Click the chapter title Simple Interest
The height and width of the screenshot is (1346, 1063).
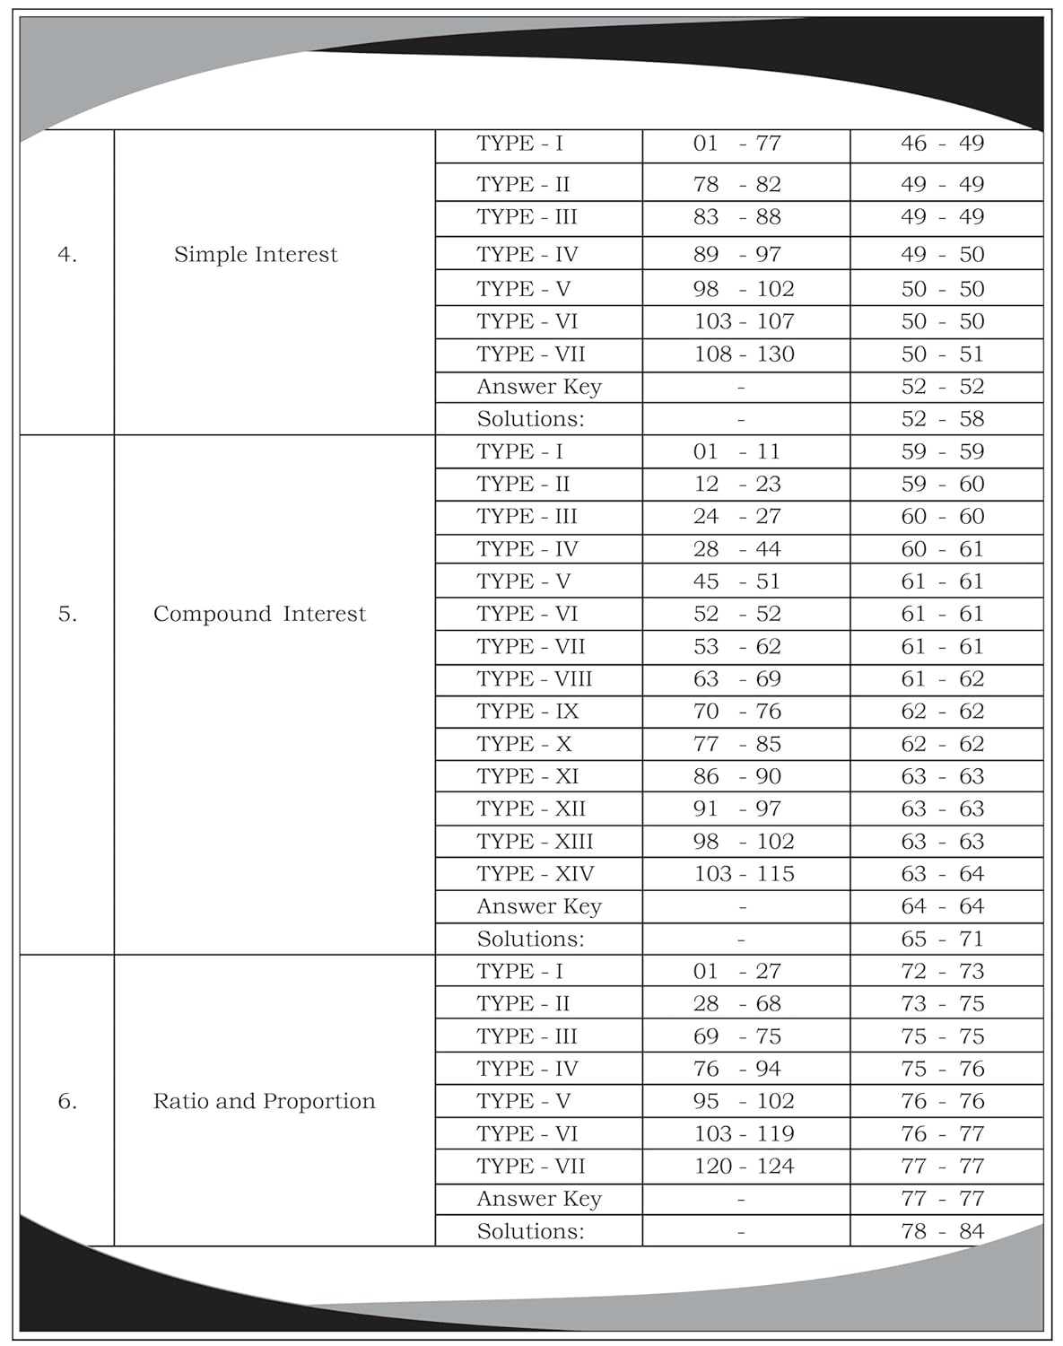pos(256,255)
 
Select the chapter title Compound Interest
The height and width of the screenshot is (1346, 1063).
pos(259,614)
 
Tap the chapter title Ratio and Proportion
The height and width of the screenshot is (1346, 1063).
pos(264,1101)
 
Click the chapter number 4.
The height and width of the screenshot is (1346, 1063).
pos(67,255)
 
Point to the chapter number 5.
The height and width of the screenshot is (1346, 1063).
pos(67,614)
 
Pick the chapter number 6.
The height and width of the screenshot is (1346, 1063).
pos(67,1101)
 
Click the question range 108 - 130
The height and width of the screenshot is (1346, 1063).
pos(744,354)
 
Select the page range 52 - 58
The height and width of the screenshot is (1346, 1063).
pos(942,419)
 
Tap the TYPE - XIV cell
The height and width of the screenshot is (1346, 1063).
pos(535,874)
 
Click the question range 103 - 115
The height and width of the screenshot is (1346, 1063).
pos(744,874)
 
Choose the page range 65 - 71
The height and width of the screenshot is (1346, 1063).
pos(942,940)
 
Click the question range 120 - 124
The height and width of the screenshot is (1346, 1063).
pos(744,1167)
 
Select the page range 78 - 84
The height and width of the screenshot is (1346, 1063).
pos(942,1231)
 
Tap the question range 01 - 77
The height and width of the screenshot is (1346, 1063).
pos(736,144)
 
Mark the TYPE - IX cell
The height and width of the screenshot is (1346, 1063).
pos(527,712)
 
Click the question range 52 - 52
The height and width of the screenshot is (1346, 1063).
pos(736,614)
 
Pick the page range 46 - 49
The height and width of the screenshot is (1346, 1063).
pos(942,144)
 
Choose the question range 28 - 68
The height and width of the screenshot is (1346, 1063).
pos(736,1004)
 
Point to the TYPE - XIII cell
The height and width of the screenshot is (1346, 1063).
pos(535,842)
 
